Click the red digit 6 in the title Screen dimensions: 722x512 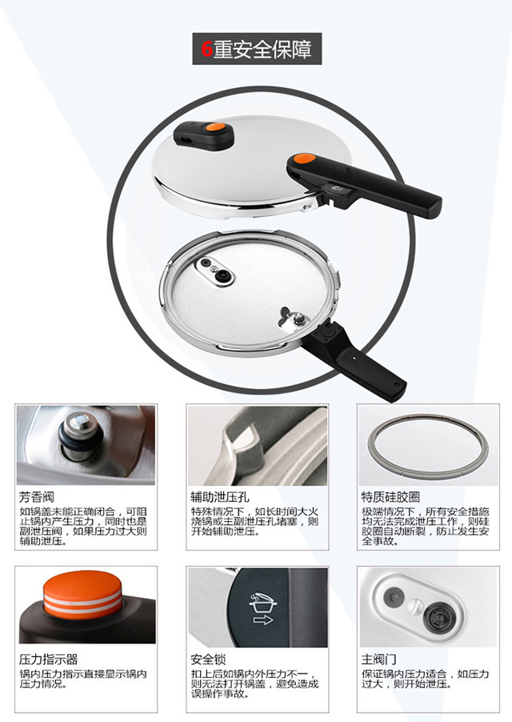pos(206,50)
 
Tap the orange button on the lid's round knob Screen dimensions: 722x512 pos(214,126)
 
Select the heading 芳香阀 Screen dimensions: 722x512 pos(37,496)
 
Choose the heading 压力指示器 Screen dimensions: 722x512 pos(48,660)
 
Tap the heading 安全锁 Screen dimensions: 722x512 pos(206,660)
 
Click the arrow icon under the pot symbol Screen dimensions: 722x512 pos(262,618)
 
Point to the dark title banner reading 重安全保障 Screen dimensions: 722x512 pos(256,50)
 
